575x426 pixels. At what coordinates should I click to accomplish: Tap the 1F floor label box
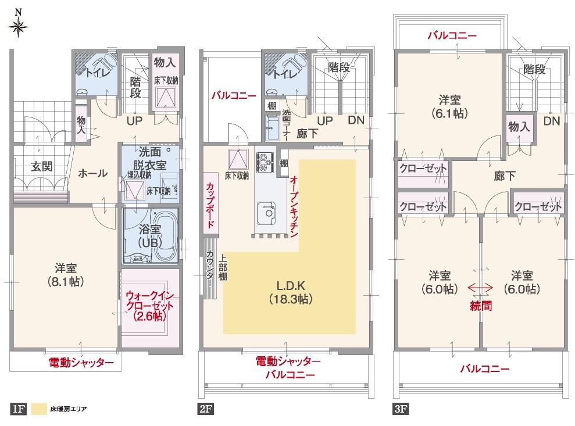pos(18,409)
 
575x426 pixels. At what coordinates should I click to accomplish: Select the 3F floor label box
pos(401,409)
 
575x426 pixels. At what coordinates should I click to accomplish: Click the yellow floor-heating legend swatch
pos(39,409)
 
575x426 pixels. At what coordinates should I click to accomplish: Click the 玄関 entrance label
pos(41,167)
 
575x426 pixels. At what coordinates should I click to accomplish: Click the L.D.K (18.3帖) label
pos(291,292)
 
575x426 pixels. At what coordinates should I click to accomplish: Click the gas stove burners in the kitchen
pos(265,161)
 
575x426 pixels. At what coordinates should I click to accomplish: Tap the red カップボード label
pos(209,206)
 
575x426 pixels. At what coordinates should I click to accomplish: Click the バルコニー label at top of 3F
pos(452,36)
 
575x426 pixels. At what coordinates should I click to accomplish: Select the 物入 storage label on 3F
pos(519,127)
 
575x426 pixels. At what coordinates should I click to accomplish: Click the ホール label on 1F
pos(92,173)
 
